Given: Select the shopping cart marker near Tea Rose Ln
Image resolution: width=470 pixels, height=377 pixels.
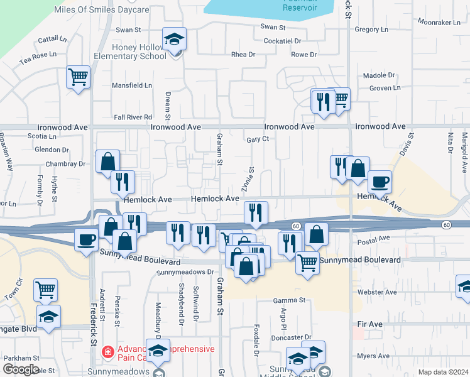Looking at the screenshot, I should point(78,77).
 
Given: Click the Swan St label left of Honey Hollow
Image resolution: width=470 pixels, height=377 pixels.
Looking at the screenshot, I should point(129,30).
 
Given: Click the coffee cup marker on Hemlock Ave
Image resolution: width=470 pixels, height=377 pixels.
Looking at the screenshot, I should point(380,182).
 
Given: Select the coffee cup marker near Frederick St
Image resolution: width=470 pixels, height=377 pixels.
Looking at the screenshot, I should point(86,239).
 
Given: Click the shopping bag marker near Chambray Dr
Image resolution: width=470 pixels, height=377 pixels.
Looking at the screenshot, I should point(108,161).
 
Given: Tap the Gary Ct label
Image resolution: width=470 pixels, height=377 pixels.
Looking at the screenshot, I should point(258,139).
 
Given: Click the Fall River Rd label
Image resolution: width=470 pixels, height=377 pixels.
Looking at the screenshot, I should point(133,117).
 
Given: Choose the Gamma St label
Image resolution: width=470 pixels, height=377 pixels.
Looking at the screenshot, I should point(289,301).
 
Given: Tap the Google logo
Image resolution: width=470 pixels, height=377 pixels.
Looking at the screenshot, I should point(21,369).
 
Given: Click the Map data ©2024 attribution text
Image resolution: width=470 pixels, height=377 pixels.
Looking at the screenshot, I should point(443,372).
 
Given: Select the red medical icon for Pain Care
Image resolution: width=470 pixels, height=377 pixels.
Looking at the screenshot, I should point(107,351).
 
